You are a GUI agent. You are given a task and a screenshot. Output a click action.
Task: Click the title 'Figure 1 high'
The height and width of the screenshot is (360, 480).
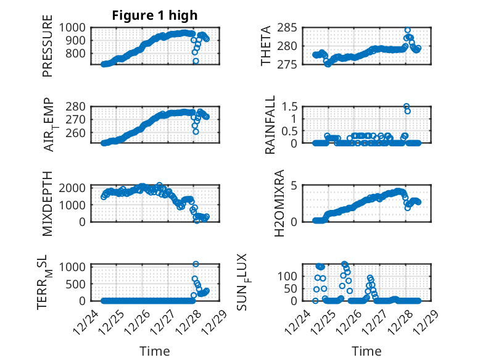point(155,15)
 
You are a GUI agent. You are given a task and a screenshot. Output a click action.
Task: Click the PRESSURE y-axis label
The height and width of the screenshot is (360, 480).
point(48,46)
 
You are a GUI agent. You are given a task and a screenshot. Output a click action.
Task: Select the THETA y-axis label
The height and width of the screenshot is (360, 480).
point(266,46)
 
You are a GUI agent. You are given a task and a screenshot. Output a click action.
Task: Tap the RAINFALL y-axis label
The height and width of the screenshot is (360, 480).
point(270,125)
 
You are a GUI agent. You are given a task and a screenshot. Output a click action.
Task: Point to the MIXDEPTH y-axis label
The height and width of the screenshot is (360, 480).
point(48,204)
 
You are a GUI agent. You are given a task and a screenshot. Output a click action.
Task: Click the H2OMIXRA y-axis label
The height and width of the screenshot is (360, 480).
point(279,203)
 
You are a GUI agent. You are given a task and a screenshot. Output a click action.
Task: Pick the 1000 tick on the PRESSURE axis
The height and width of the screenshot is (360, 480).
point(72,28)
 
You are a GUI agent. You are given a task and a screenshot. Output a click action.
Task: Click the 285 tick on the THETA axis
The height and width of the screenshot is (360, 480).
point(287,28)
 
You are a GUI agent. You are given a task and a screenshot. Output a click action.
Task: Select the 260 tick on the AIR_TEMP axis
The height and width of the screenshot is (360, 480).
point(75,133)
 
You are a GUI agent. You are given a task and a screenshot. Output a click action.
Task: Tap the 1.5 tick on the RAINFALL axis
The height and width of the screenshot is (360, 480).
point(289,107)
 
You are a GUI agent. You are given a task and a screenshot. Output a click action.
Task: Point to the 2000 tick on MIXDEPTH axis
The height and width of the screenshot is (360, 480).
point(72,188)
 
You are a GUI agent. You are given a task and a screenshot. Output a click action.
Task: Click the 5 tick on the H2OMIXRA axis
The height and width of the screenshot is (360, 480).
point(294,186)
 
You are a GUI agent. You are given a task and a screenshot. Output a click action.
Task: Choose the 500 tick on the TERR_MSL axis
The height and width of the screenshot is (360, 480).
point(75,284)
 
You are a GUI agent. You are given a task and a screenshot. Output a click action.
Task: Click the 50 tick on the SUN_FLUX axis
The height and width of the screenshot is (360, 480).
point(291,288)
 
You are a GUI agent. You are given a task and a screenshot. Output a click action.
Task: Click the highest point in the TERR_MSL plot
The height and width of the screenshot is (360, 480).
point(196,264)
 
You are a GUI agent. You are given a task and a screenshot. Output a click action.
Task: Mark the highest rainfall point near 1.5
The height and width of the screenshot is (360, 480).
point(407,107)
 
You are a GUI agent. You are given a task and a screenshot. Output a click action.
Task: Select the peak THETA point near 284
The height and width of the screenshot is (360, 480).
point(407,30)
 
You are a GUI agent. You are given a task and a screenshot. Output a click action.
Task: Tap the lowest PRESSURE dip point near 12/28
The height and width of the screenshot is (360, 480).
point(196,61)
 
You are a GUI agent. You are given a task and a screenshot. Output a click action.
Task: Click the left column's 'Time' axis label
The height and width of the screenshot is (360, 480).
point(155,351)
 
